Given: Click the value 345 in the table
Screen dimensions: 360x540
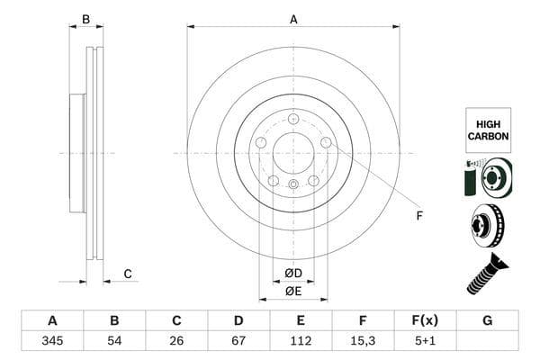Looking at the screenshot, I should (52, 341).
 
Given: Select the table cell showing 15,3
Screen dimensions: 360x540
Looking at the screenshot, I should (362, 341).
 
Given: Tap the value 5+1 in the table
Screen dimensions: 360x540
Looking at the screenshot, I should (424, 341).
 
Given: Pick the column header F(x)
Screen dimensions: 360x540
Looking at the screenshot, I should (424, 320).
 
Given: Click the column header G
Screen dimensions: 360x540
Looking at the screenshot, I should (487, 320).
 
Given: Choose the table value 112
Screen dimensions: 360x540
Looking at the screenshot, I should (300, 341).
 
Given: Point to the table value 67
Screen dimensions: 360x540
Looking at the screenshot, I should (238, 341).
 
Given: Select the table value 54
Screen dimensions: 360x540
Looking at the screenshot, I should (114, 341).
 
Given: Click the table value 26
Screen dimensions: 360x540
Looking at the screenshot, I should (176, 341).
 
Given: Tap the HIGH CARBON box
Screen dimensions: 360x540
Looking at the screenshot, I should (488, 130).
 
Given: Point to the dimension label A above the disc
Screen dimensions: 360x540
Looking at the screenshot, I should (293, 18).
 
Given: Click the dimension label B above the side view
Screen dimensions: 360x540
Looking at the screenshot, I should (86, 18).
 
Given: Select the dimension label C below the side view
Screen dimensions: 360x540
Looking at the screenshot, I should (128, 274).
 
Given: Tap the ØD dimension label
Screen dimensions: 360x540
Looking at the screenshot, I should (293, 273).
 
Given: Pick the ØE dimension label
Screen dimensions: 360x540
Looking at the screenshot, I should (293, 291).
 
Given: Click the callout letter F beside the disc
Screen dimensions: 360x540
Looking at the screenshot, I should (418, 215).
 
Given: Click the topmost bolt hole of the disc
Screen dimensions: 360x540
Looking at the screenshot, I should (293, 118).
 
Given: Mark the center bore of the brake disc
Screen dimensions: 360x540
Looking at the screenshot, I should (293, 152).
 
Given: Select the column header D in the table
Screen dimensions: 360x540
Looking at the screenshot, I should (238, 320).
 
